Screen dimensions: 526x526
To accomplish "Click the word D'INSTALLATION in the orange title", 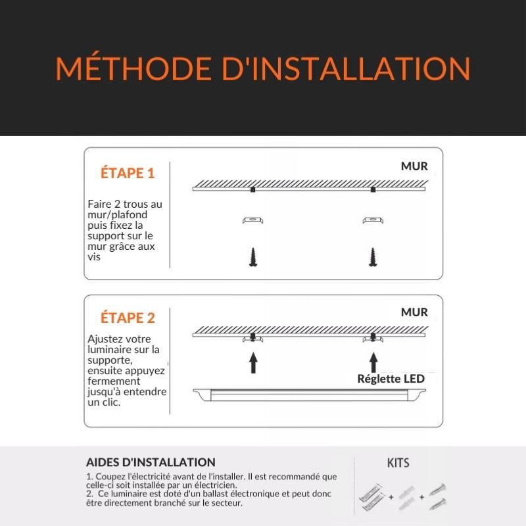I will click(346, 69).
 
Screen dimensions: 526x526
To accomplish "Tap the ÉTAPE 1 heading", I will click(128, 174).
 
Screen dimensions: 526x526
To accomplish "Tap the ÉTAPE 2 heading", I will click(128, 318).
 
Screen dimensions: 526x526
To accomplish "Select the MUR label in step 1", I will click(414, 166).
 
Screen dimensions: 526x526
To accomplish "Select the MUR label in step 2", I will click(414, 312).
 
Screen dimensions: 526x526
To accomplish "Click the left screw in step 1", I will click(252, 256).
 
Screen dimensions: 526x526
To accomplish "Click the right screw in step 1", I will click(373, 256).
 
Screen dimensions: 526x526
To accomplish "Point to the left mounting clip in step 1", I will click(252, 220).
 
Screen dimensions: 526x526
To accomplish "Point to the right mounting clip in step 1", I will click(373, 220).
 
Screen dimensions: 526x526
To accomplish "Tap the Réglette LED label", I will click(391, 379).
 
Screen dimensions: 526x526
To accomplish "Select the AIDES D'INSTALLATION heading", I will click(151, 463).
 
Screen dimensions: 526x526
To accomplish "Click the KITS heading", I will click(398, 463).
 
